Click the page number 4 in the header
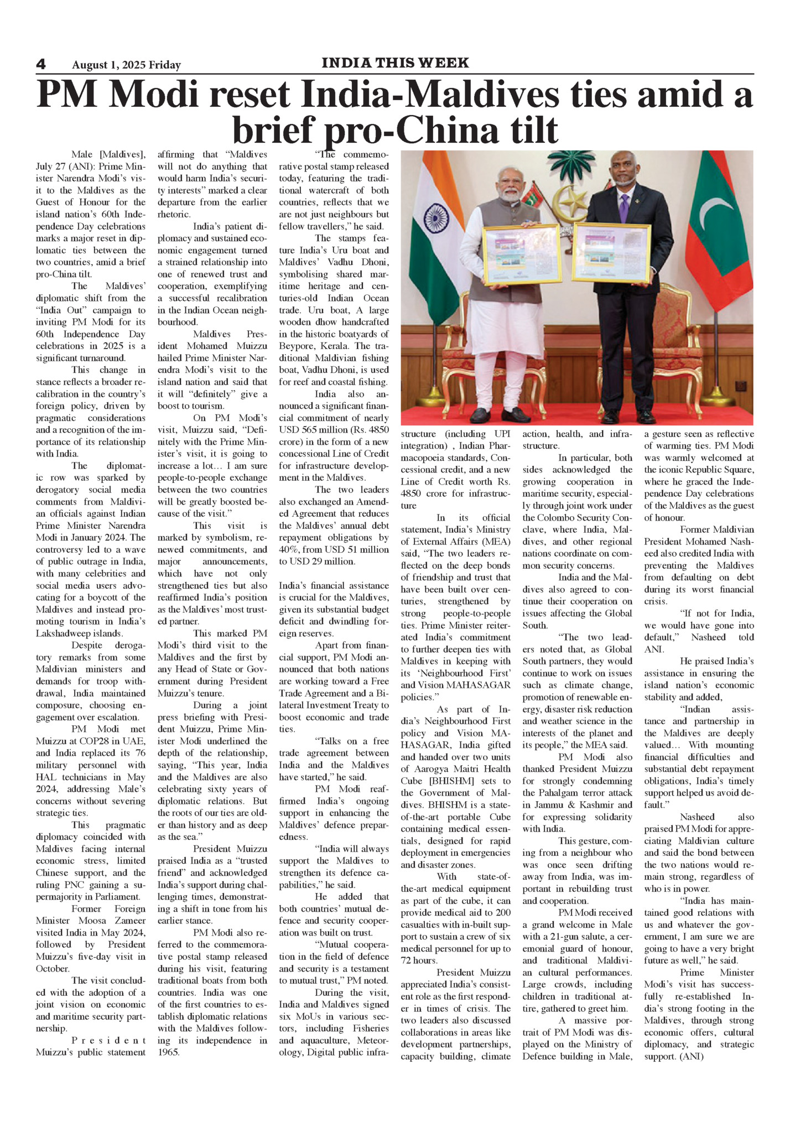(41, 64)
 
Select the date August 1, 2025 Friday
(126, 65)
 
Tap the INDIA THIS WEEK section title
(395, 63)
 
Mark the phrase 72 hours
(419, 960)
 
